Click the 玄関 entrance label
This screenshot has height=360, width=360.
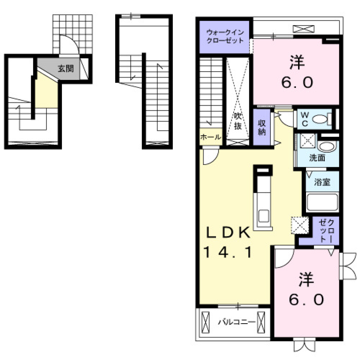(65, 69)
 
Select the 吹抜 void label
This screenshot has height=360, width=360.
(238, 120)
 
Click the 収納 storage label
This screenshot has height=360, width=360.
(261, 127)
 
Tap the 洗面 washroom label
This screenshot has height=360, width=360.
(316, 158)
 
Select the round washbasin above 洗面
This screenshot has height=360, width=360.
(327, 146)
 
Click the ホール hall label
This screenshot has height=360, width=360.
(211, 137)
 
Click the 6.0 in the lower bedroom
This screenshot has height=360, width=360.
(306, 300)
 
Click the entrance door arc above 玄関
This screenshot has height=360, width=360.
(69, 45)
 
